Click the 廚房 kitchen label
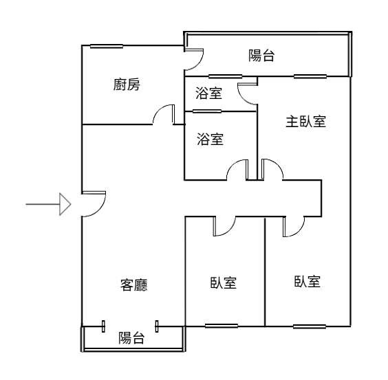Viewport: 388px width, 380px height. click(127, 85)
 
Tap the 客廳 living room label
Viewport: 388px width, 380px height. click(134, 284)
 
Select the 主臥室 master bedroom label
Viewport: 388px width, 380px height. click(306, 122)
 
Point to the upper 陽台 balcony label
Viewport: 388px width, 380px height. click(261, 56)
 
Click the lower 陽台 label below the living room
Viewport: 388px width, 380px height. click(131, 338)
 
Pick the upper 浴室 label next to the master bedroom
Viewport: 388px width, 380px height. click(208, 93)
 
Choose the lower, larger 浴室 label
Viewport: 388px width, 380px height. click(211, 139)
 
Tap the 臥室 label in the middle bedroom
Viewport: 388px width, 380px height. click(224, 282)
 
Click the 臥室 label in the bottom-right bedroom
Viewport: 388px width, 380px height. click(308, 281)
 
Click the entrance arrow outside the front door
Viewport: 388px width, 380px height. click(48, 204)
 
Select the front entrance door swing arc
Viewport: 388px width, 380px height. click(100, 209)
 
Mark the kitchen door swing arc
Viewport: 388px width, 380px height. click(160, 110)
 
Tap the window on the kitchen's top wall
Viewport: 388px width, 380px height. click(107, 46)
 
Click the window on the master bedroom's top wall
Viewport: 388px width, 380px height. click(310, 76)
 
